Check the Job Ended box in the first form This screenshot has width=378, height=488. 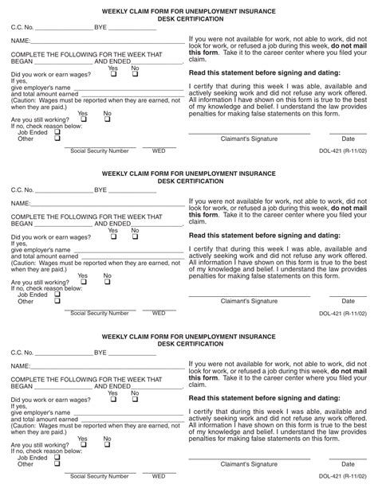pyautogui.click(x=57, y=131)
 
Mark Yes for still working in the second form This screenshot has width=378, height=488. pyautogui.click(x=84, y=282)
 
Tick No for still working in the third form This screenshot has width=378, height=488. pyautogui.click(x=108, y=444)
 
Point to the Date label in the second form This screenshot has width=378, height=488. pyautogui.click(x=348, y=301)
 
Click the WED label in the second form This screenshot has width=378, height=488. pyautogui.click(x=159, y=312)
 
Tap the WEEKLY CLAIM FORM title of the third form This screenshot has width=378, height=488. pyautogui.click(x=189, y=338)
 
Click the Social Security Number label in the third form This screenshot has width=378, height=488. pyautogui.click(x=99, y=475)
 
